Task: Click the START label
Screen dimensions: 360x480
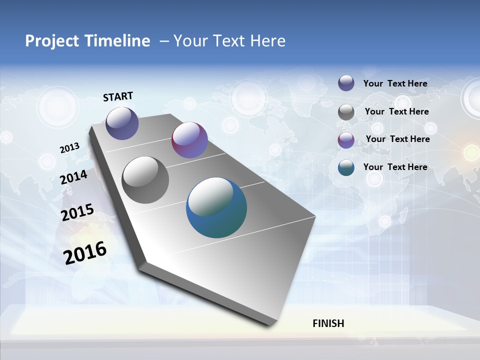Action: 118,96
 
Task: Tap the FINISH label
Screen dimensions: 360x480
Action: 328,323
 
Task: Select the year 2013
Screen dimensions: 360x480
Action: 70,148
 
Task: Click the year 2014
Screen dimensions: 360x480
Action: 74,177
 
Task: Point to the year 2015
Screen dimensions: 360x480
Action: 77,212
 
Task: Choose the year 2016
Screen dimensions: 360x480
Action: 85,253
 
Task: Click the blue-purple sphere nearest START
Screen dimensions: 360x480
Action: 122,123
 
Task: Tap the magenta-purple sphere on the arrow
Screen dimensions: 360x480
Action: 189,140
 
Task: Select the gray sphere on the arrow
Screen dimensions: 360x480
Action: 145,180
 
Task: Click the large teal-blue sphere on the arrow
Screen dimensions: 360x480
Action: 216,207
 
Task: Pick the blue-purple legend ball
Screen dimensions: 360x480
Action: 346,83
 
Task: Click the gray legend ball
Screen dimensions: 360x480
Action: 346,112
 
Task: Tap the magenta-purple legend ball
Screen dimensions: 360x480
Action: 346,140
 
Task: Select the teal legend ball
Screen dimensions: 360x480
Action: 346,167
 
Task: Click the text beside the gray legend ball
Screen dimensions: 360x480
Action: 397,111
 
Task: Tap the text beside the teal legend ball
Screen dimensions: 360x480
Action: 395,167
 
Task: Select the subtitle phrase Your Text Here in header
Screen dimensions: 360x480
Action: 229,41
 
